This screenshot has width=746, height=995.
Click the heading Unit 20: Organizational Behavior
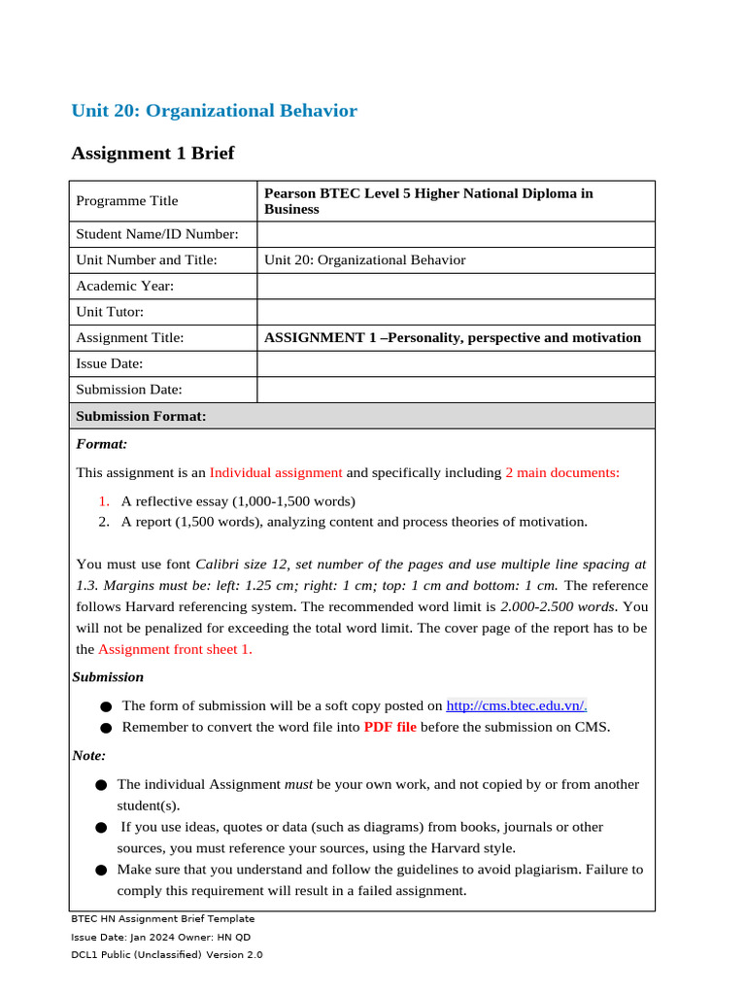coord(214,111)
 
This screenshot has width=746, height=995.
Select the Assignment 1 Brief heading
coord(153,154)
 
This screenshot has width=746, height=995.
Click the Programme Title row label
coord(127,201)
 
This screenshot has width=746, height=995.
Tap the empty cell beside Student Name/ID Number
coord(456,234)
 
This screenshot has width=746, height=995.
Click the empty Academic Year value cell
coord(456,286)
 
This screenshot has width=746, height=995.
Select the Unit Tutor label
coord(110,312)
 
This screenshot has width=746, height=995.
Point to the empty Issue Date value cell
coord(456,363)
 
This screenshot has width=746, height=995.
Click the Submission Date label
coord(129,390)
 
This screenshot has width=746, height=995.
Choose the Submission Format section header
coord(141,416)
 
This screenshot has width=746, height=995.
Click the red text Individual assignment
coord(276,473)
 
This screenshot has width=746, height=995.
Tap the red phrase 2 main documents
coord(562,473)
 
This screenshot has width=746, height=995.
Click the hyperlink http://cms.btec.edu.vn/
coord(516,706)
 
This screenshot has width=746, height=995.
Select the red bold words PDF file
coord(390,727)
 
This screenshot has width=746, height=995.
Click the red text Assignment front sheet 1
coord(175,649)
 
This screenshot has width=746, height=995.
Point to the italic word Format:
coord(102,444)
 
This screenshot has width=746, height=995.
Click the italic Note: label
coord(89,755)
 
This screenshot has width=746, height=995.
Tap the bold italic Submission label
coord(108,677)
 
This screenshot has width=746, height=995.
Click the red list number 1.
coord(104,501)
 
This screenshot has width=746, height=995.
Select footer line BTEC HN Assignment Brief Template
coord(162,918)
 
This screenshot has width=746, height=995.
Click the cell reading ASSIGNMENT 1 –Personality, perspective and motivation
coord(453,338)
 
